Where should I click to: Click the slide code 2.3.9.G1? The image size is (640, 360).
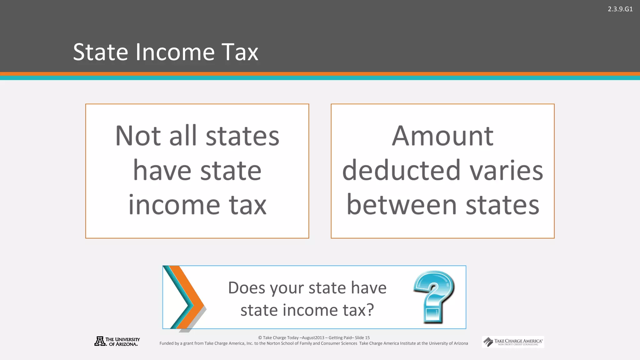coord(620,9)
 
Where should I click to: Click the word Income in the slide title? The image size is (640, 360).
coord(175,52)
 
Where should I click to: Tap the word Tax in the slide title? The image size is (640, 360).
coord(240,52)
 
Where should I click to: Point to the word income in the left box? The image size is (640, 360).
coord(174,205)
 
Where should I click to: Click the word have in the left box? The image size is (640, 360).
coord(162,171)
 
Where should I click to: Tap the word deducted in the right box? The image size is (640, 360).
coord(401,171)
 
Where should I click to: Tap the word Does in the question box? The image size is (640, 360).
coord(247,288)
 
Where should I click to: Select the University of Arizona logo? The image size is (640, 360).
coord(117,342)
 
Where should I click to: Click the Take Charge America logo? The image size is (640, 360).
coord(513,342)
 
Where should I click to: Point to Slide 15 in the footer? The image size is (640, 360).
coord(362,338)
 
